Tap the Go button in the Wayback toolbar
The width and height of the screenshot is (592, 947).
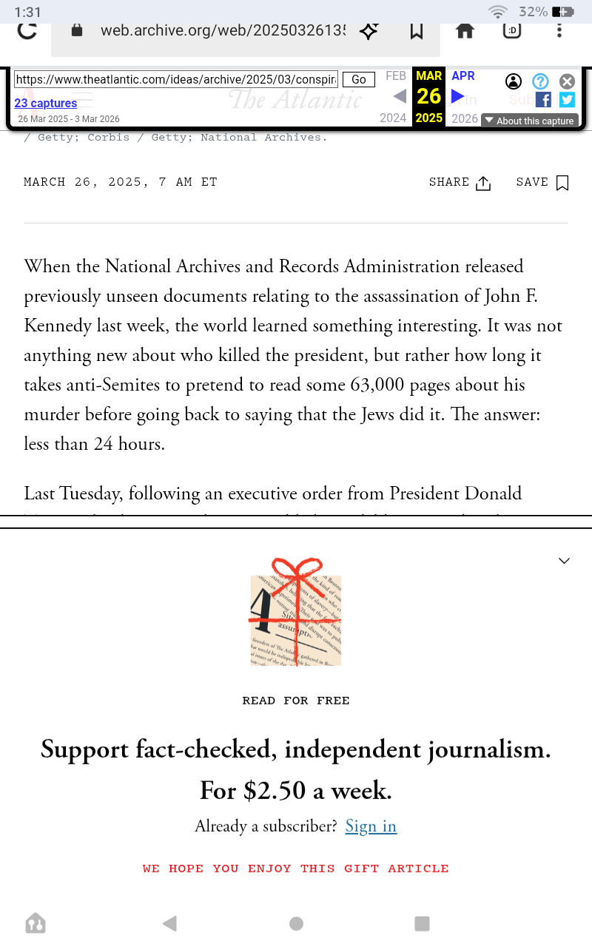coord(359,79)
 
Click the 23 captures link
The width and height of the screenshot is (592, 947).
coord(46,103)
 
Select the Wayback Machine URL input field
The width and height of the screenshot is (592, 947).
coord(176,79)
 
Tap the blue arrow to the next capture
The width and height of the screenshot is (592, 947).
coord(458,96)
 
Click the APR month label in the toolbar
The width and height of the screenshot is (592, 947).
coord(463,75)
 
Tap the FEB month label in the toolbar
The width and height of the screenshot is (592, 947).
coord(396,75)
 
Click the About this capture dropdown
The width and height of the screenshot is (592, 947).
coord(529,121)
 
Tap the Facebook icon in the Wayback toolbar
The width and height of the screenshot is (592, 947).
coord(543,100)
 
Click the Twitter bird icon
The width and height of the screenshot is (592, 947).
coord(567,100)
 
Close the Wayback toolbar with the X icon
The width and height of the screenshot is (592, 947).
coord(567,81)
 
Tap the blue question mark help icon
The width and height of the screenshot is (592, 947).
coord(540,81)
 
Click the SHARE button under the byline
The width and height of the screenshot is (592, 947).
coord(460,183)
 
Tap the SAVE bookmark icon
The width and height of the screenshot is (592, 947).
coord(562,183)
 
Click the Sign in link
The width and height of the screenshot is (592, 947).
coord(371,826)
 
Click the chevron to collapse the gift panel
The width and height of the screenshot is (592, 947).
coord(564,561)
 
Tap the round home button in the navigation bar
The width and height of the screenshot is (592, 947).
coord(296,923)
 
